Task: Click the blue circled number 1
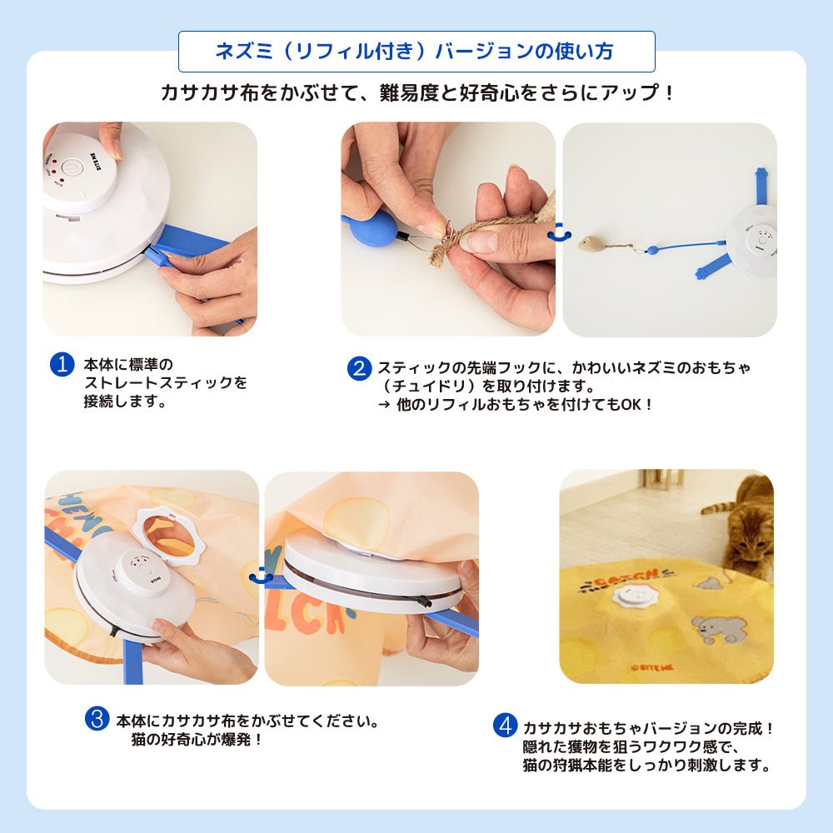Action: click(x=62, y=365)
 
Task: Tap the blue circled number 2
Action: click(x=359, y=368)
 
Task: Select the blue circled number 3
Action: click(x=97, y=718)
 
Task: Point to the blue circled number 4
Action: click(x=505, y=726)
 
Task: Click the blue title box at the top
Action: click(x=416, y=52)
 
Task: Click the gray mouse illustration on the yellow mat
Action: click(x=712, y=630)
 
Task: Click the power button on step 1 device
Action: click(x=72, y=167)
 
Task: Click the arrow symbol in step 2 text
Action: click(x=384, y=405)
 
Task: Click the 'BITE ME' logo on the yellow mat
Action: click(x=652, y=668)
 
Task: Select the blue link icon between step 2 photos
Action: click(x=560, y=232)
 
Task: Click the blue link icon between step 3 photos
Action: click(x=261, y=576)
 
